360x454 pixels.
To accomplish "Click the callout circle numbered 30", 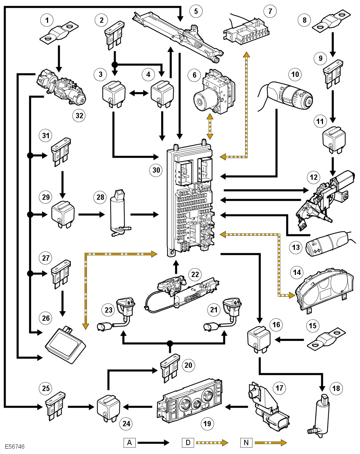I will pyautogui.click(x=156, y=170).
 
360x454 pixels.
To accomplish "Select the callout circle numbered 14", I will pyautogui.click(x=297, y=273).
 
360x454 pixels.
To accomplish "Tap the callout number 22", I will pyautogui.click(x=195, y=275).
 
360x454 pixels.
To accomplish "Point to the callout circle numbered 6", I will pyautogui.click(x=194, y=75).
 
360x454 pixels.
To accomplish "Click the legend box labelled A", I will pyautogui.click(x=130, y=443).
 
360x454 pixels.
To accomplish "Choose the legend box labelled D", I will pyautogui.click(x=188, y=443).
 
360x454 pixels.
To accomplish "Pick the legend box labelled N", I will pyautogui.click(x=246, y=443).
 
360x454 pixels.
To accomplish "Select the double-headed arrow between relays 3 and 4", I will pyautogui.click(x=139, y=93).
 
